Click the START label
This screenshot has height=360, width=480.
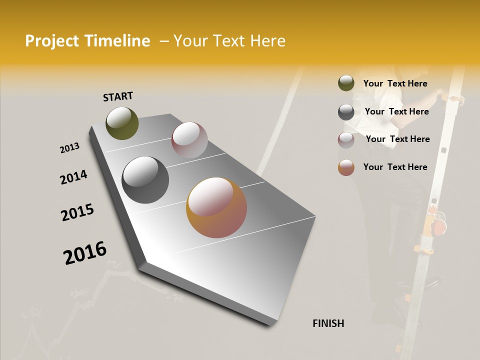point(118,96)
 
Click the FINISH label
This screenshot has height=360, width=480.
point(328,323)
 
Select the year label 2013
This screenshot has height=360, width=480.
point(69,148)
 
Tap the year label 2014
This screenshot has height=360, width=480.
point(73,177)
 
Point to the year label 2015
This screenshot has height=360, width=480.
point(77,212)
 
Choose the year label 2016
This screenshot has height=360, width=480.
point(85,253)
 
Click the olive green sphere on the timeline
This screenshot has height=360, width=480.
point(122,123)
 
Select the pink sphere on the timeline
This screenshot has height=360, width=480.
point(189,140)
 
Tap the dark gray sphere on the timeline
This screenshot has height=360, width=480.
point(145,180)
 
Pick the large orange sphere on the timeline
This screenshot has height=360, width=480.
point(216,207)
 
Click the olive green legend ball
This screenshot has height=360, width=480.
point(346,83)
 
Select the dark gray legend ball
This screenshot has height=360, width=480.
point(346,112)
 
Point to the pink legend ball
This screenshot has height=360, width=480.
point(346,140)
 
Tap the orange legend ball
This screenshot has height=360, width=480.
point(346,167)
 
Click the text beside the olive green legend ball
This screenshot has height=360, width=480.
point(395,83)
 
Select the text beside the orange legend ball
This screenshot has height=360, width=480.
point(395,167)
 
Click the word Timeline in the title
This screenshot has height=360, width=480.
point(117,41)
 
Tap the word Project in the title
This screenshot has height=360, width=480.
point(51,41)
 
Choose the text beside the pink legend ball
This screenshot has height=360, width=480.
point(397,139)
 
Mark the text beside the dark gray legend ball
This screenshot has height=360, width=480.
point(396,111)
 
